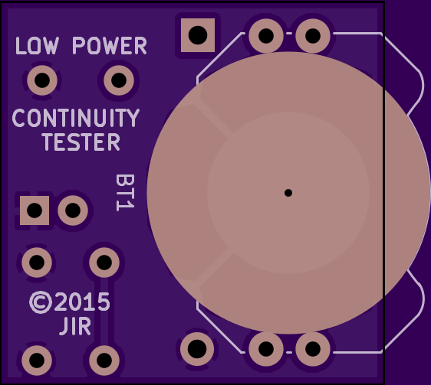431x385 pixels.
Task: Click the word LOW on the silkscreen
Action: click(37, 46)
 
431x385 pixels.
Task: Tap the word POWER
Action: click(110, 46)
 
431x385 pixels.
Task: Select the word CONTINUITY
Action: click(76, 118)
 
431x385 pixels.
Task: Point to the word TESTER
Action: click(81, 142)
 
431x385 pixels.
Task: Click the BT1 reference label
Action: click(125, 193)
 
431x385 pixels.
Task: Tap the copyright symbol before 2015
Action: click(41, 302)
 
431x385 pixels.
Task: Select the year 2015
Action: click(82, 302)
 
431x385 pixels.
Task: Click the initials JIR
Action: click(74, 326)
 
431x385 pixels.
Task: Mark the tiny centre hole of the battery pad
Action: click(288, 193)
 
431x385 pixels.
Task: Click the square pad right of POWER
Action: click(198, 35)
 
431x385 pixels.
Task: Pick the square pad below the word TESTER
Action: click(35, 210)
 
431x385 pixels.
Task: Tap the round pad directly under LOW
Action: click(42, 80)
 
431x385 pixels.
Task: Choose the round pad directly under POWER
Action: click(119, 80)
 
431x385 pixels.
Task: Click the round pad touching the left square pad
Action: click(73, 210)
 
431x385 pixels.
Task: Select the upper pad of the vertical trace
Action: click(104, 263)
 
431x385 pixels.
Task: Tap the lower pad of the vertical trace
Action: click(104, 361)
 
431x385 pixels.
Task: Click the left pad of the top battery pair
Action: click(266, 36)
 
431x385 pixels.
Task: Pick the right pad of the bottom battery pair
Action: click(313, 349)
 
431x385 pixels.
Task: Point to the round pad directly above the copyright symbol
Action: click(37, 263)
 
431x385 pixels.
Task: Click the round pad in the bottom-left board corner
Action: click(37, 361)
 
